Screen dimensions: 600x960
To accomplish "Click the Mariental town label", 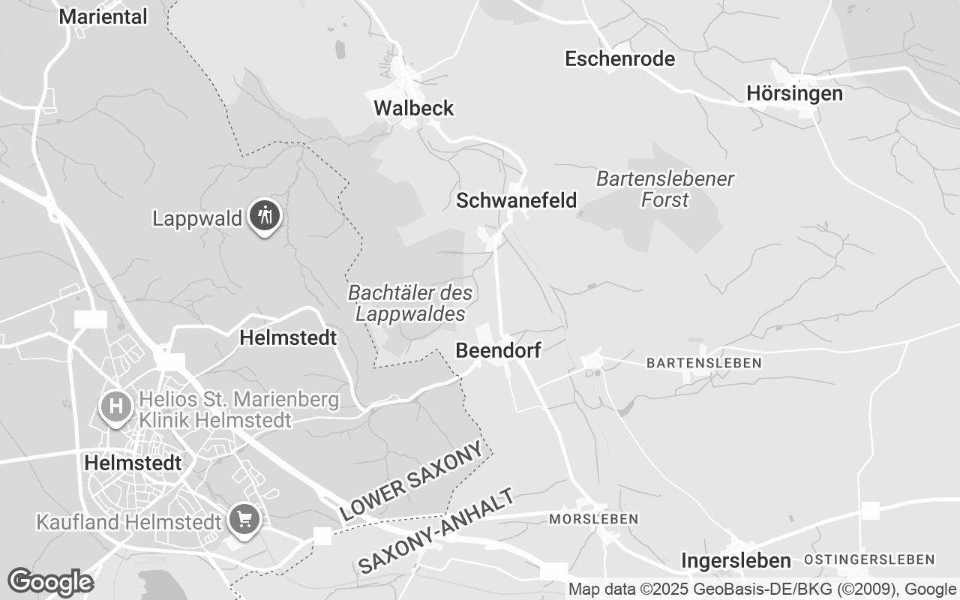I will [x=103, y=16].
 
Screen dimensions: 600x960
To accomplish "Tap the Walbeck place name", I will [x=414, y=108].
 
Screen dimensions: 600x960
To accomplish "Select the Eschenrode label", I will [x=619, y=58].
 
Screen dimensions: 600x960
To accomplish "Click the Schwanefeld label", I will [x=517, y=200].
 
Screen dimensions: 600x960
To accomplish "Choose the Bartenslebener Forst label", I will [x=665, y=189].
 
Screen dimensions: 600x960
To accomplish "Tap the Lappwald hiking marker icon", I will [x=264, y=216].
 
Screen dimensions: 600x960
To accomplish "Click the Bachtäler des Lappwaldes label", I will [x=410, y=303].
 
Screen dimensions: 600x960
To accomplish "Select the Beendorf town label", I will [x=498, y=350].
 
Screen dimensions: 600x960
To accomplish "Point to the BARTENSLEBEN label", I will [x=703, y=363].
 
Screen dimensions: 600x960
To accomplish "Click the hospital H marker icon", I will [x=116, y=407].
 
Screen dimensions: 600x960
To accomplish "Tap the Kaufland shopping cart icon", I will [x=244, y=518].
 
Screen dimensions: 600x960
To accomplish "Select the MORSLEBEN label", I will [x=593, y=519].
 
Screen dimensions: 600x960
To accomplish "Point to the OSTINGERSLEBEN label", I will [x=869, y=559].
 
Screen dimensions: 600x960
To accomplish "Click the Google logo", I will [x=50, y=582].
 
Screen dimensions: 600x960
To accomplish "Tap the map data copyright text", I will [x=762, y=589].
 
